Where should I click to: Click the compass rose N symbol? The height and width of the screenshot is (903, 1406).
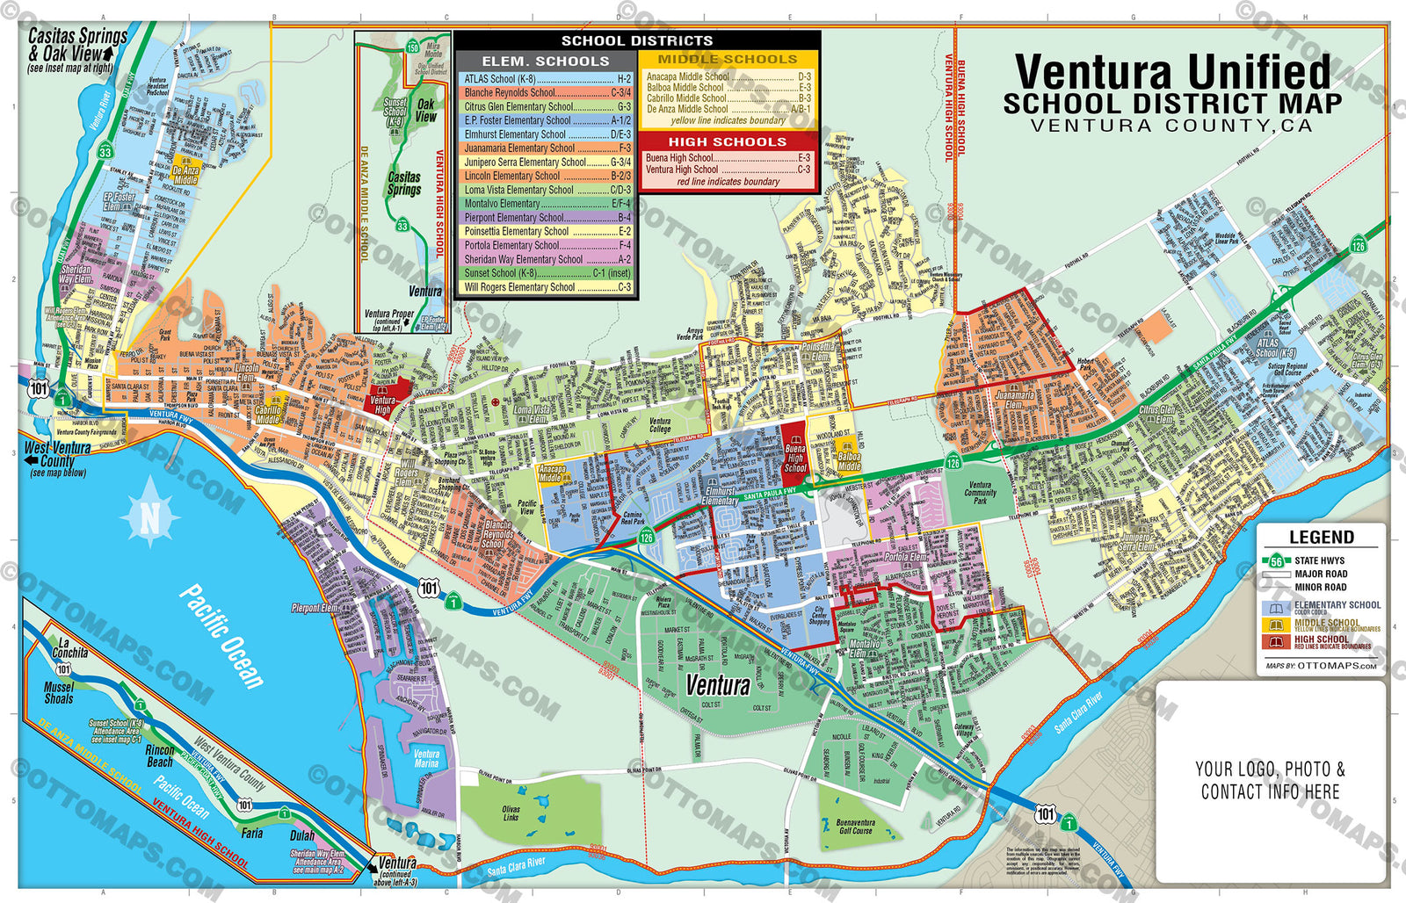(x=150, y=519)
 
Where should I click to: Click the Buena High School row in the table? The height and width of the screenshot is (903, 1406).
(x=728, y=158)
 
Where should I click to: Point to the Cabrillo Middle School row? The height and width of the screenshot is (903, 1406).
(x=728, y=98)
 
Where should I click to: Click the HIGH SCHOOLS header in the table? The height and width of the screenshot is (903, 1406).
(x=728, y=141)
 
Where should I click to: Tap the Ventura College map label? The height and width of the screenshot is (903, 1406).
(x=660, y=425)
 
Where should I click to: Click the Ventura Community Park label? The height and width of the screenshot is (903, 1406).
(x=980, y=492)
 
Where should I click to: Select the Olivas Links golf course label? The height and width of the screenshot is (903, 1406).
(x=511, y=813)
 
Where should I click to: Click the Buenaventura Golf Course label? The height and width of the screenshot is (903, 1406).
(x=855, y=827)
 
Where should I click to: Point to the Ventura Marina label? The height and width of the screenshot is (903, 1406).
(x=426, y=759)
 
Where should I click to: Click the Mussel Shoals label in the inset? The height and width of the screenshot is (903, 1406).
(x=59, y=693)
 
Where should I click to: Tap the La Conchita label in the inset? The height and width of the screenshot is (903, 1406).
(x=69, y=648)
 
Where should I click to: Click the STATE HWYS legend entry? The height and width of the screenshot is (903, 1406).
(x=1318, y=560)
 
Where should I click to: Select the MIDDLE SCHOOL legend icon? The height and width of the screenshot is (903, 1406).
(x=1275, y=625)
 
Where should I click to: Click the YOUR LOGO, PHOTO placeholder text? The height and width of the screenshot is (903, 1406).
(x=1270, y=769)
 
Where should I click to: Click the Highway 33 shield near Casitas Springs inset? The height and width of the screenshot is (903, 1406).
(x=402, y=226)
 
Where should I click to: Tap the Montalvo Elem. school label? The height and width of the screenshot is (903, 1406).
(x=863, y=649)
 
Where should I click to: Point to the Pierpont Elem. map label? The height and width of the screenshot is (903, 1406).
(x=315, y=608)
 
